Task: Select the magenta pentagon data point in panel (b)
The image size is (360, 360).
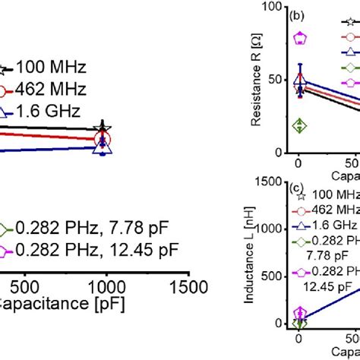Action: point(300,37)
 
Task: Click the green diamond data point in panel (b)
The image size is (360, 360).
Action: point(300,125)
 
